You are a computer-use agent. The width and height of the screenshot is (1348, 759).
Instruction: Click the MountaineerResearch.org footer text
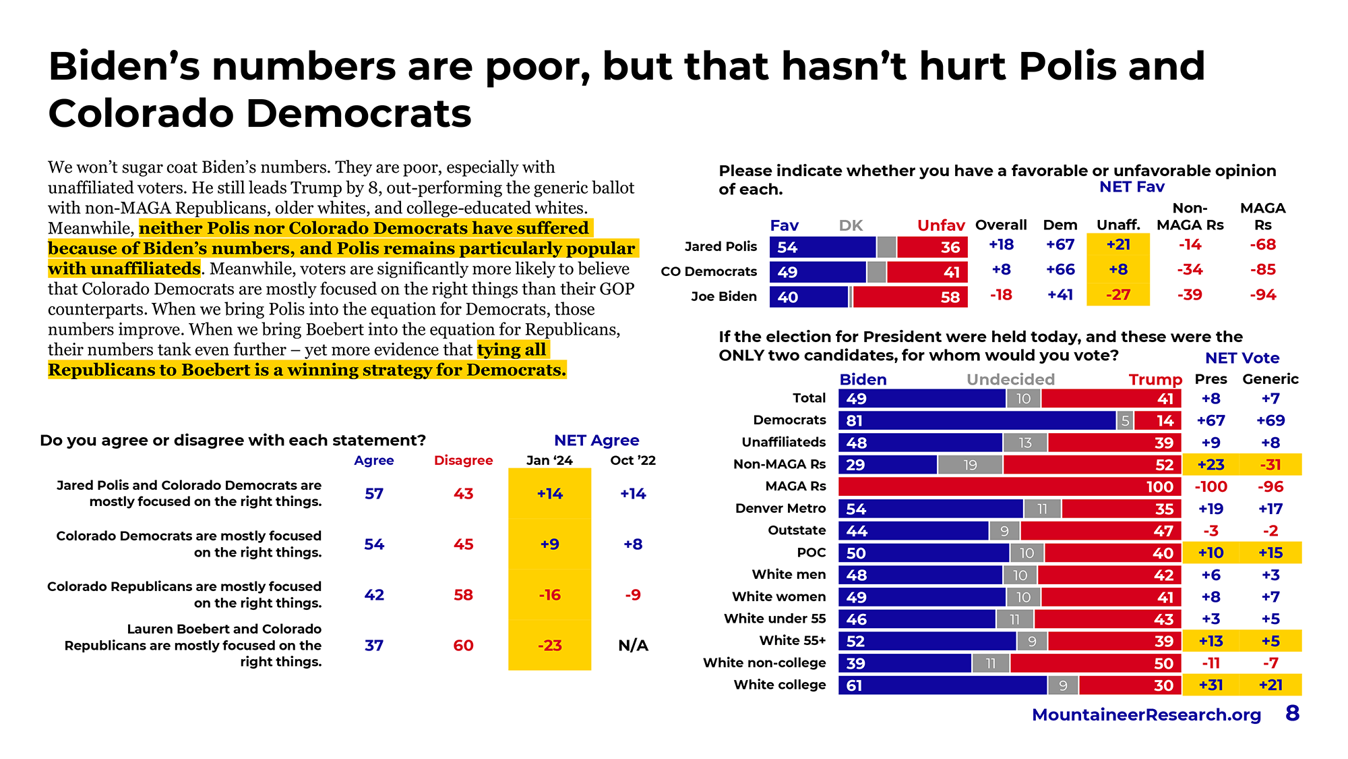(1146, 714)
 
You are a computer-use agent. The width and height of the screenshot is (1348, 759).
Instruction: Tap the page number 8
(1292, 713)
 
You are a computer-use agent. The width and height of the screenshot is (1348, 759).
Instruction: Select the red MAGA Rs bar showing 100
(1010, 486)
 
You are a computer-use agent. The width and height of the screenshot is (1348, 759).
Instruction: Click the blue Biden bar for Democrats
(977, 420)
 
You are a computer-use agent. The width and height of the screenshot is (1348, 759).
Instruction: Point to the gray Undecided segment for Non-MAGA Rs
(970, 465)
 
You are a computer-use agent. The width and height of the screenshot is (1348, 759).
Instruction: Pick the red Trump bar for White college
(1130, 685)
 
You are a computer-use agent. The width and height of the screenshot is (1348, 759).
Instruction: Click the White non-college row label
(764, 663)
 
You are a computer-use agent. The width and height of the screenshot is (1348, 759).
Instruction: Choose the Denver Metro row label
(780, 508)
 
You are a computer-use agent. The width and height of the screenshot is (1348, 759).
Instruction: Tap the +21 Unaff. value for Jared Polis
(1118, 244)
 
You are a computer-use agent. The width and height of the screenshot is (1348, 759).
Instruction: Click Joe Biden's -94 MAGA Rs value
(1262, 295)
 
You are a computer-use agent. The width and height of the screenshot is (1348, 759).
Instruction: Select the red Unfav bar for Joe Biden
(910, 297)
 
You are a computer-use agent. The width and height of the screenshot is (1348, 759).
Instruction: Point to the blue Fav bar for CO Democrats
(818, 272)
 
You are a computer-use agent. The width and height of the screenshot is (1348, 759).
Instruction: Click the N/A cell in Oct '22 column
(633, 646)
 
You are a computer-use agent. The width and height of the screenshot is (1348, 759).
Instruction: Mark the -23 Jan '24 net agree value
(550, 646)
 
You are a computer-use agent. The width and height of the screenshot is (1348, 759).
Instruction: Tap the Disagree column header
(463, 460)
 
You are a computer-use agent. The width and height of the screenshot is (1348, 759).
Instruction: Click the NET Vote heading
(1242, 358)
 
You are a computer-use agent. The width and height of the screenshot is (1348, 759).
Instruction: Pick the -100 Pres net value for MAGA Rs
(1211, 486)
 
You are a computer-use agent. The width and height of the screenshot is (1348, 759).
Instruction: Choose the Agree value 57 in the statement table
(374, 494)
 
